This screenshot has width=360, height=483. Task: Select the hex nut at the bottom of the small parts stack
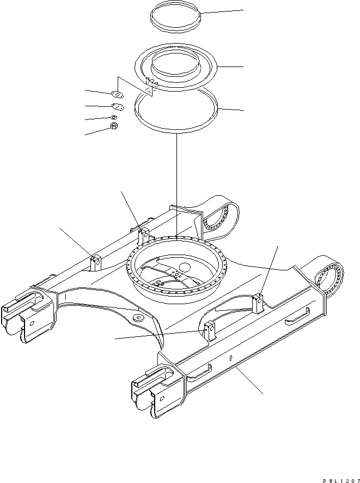115,126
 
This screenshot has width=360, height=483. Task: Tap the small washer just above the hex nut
114,117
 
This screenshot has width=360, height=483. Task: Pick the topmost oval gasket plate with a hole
117,94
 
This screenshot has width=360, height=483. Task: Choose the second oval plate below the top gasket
117,107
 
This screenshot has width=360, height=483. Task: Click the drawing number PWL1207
338,478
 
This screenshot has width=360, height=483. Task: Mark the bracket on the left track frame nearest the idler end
96,262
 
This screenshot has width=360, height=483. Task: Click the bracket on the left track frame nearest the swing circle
143,236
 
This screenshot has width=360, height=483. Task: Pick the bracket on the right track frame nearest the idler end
209,332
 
